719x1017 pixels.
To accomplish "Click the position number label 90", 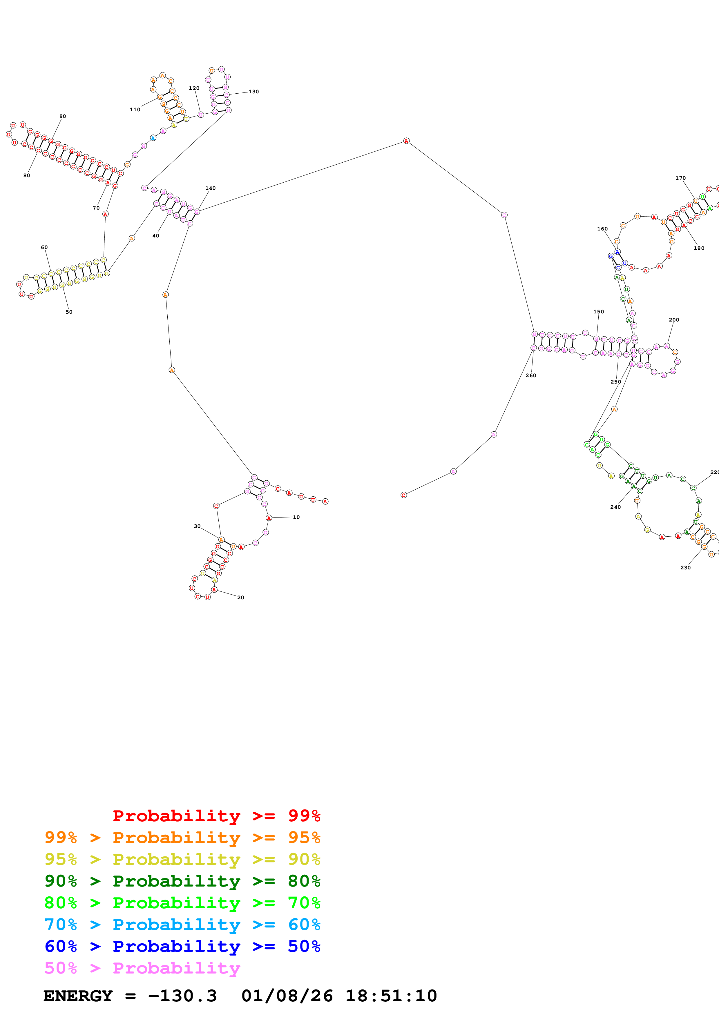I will point(62,117).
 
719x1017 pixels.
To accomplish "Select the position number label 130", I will point(253,92).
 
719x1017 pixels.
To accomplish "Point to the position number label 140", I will point(211,188).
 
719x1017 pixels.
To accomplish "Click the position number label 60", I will point(44,248).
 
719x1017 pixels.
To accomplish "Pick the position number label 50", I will point(69,312).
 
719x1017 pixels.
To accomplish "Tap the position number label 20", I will point(240,598).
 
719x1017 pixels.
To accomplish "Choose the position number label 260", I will point(531,376).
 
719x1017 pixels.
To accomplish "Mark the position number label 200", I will point(674,320).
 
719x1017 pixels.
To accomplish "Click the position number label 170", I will point(680,178).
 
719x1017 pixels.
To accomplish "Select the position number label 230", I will point(685,568).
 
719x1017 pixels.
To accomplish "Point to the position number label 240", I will point(615,507).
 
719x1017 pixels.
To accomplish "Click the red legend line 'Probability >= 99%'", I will point(216,816).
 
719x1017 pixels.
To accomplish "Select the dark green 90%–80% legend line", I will point(182,881).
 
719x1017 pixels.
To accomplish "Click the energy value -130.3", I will point(182,996).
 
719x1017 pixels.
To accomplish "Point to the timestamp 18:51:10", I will point(391,996).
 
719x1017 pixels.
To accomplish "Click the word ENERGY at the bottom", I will point(78,996).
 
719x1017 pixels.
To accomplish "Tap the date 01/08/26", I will point(287,996).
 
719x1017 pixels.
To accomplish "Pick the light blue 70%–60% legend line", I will point(182,925).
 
